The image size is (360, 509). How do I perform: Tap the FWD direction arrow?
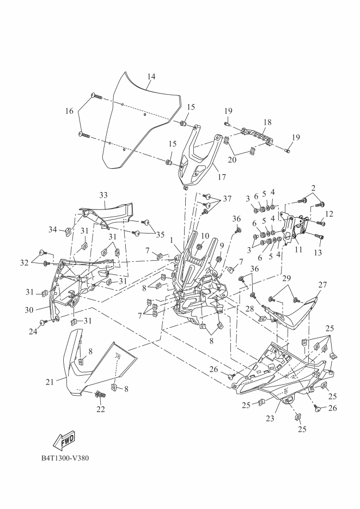[64, 439]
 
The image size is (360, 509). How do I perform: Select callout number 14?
[151, 77]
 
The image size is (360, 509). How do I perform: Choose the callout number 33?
[103, 194]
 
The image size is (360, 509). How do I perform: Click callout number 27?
[322, 284]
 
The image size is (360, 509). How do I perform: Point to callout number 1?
[173, 240]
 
